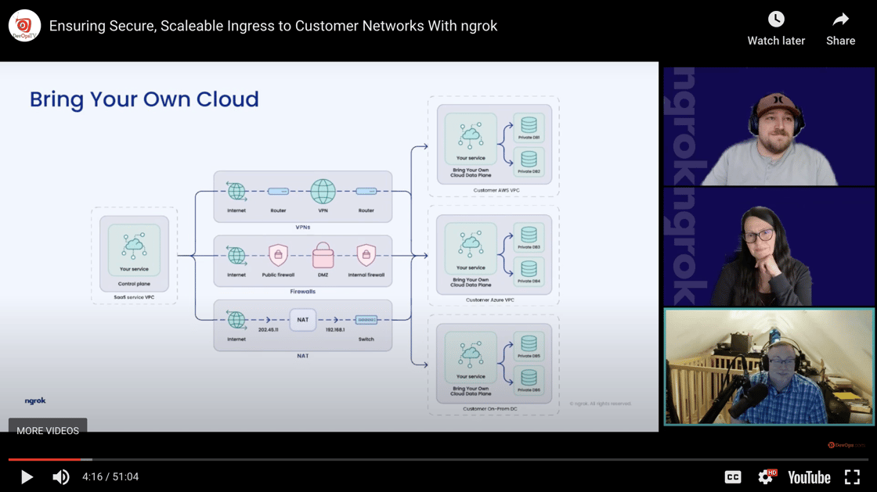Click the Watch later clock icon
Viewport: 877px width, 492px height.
click(x=776, y=19)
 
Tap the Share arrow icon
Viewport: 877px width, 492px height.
click(x=840, y=19)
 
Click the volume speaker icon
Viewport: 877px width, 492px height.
click(x=60, y=477)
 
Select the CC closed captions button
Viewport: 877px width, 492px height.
click(x=733, y=477)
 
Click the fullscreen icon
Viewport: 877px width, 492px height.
click(x=852, y=477)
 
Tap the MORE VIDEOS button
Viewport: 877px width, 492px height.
click(x=48, y=430)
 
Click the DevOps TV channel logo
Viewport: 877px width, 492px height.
click(x=24, y=26)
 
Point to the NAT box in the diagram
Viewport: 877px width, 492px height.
click(x=301, y=319)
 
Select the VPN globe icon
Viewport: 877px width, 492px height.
click(x=323, y=191)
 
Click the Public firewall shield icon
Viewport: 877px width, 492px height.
click(x=278, y=255)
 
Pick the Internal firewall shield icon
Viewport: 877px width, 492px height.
click(x=366, y=255)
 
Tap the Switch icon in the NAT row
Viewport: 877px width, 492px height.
click(x=366, y=320)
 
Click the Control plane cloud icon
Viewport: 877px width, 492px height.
click(x=134, y=246)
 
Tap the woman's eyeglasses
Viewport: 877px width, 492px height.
click(x=757, y=235)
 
